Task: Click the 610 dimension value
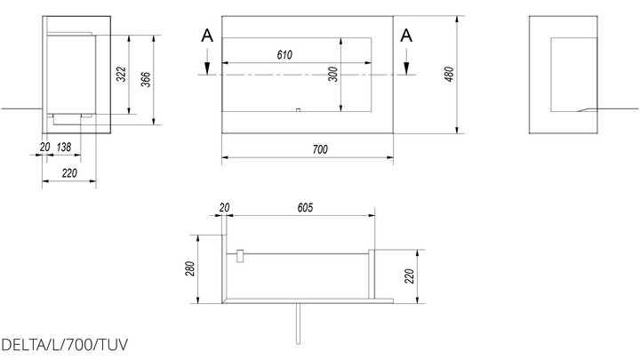[284, 55]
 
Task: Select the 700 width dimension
[320, 149]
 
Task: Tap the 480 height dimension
[449, 75]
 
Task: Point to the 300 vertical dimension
[333, 75]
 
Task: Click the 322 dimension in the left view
[121, 74]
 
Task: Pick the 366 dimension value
[146, 79]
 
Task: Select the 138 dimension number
[64, 147]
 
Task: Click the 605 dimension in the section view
[305, 208]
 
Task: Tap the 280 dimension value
[190, 268]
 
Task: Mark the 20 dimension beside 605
[224, 208]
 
